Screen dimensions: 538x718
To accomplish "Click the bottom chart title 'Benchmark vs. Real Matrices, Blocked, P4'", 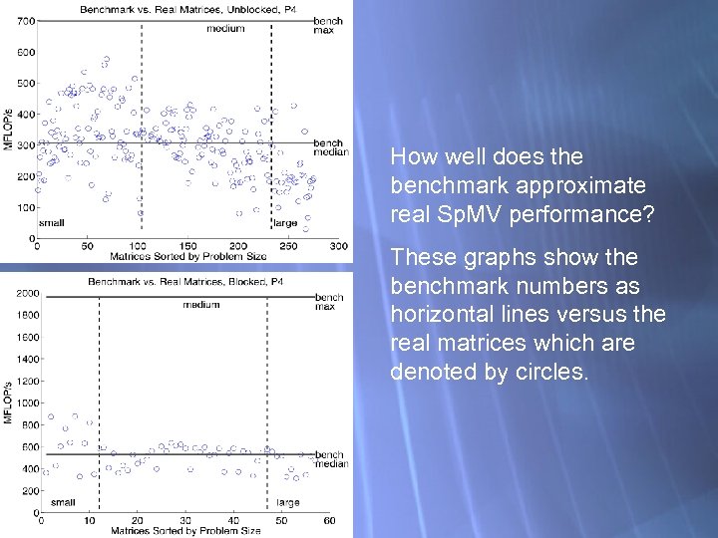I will pos(185,282).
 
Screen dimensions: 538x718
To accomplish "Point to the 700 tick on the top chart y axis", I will pos(25,20).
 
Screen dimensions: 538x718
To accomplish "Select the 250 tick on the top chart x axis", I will pos(288,246).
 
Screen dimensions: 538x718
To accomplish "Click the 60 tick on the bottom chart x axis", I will pos(330,520).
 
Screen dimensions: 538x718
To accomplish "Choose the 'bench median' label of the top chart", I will pos(330,147).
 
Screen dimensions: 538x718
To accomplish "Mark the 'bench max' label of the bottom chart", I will pos(329,301).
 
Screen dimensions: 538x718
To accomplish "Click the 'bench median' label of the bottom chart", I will pos(330,459).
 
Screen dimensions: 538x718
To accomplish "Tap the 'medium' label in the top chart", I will pos(225,29).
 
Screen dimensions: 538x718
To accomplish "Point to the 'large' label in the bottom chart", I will pos(288,503).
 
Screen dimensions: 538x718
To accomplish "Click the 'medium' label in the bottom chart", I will pos(201,305).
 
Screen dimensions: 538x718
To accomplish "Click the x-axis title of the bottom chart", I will pos(185,531).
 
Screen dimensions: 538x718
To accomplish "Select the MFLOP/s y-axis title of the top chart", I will pos(8,129).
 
